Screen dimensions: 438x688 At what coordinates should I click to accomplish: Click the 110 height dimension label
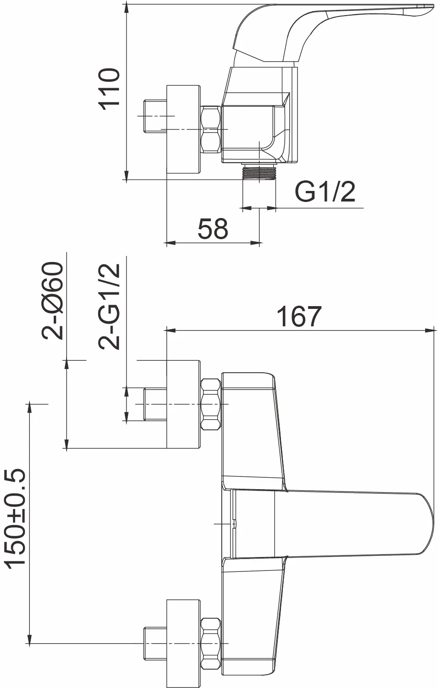(x=109, y=89)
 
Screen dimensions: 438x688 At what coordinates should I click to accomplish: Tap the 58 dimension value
(x=213, y=229)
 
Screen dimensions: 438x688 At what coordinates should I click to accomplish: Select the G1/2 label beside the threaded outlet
(x=325, y=191)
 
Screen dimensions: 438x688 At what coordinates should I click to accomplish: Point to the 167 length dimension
(x=299, y=316)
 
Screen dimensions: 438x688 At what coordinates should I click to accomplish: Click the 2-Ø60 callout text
(x=52, y=301)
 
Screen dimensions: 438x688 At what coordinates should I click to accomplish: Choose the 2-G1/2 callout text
(x=109, y=306)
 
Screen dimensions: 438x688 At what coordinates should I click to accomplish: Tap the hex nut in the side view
(x=211, y=129)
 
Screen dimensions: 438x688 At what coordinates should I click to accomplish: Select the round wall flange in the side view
(x=183, y=129)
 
